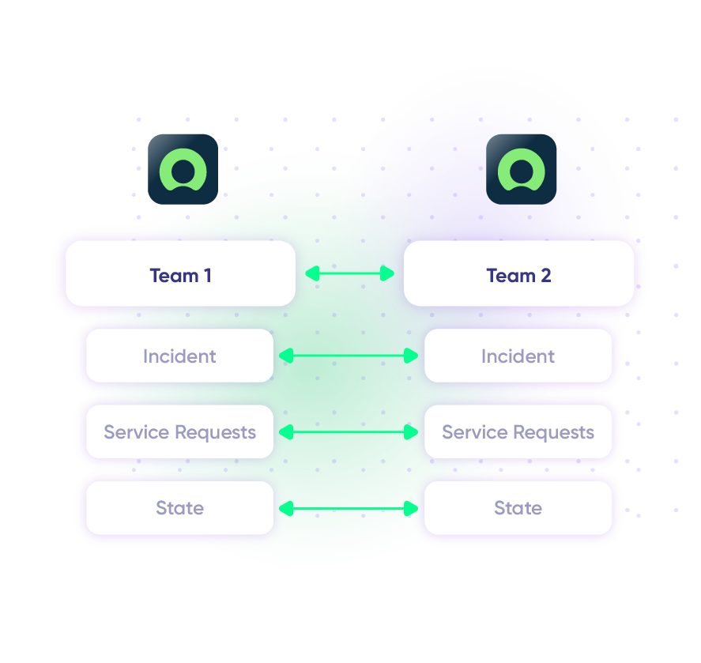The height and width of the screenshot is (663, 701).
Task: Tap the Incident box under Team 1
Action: click(179, 356)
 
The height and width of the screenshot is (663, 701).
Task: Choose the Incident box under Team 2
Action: click(518, 356)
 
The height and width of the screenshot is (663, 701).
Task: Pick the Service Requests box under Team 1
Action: click(179, 432)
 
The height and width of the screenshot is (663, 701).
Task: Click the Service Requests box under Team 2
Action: click(518, 432)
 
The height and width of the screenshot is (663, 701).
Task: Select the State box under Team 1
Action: click(179, 507)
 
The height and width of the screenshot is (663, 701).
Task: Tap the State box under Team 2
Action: click(518, 507)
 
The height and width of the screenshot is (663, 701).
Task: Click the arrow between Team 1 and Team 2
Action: click(349, 273)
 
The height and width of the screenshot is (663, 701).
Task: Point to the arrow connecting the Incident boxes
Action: click(349, 356)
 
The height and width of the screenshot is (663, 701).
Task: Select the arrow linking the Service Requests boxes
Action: click(349, 432)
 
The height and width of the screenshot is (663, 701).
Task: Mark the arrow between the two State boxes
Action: click(349, 508)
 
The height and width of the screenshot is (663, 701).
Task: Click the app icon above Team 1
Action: click(183, 169)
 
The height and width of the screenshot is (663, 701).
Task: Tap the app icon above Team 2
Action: click(521, 169)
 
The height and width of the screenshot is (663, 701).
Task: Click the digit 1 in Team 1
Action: click(207, 276)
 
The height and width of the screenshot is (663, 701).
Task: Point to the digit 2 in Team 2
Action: click(545, 276)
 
